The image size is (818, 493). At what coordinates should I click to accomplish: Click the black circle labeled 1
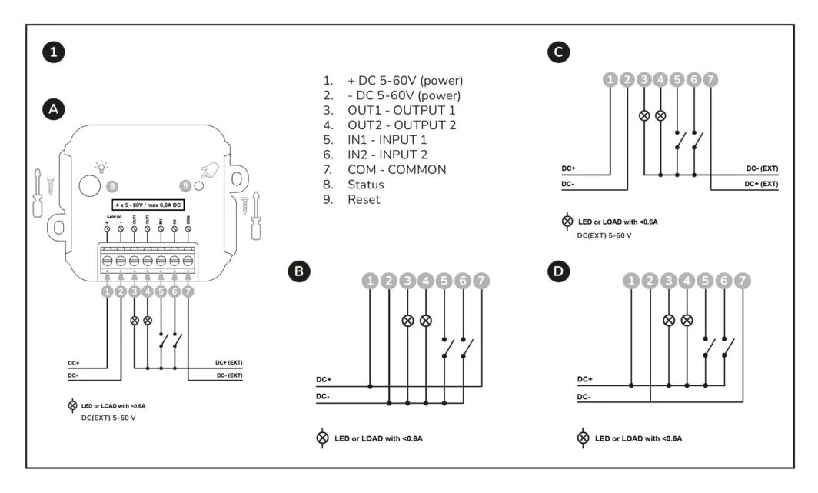coord(53,53)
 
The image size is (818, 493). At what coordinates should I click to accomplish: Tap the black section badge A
coord(53,110)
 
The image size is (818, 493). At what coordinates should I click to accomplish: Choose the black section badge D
coord(556,271)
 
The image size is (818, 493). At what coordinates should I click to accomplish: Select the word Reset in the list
coord(364,199)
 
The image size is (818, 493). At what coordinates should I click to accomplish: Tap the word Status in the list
coord(365,185)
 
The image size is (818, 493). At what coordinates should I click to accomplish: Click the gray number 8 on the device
coord(112,185)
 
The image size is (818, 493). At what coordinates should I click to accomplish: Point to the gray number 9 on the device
coord(184,185)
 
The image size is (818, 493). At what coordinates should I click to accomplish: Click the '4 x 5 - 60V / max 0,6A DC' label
coord(148,205)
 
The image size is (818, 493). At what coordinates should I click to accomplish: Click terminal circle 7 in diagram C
coord(711,78)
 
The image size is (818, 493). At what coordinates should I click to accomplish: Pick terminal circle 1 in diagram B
coord(371,282)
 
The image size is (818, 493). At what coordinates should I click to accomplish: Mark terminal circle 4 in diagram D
coord(687,283)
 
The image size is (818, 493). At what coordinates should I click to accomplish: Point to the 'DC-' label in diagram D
coord(584,397)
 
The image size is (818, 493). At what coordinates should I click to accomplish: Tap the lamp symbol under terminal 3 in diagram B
coord(408,320)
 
